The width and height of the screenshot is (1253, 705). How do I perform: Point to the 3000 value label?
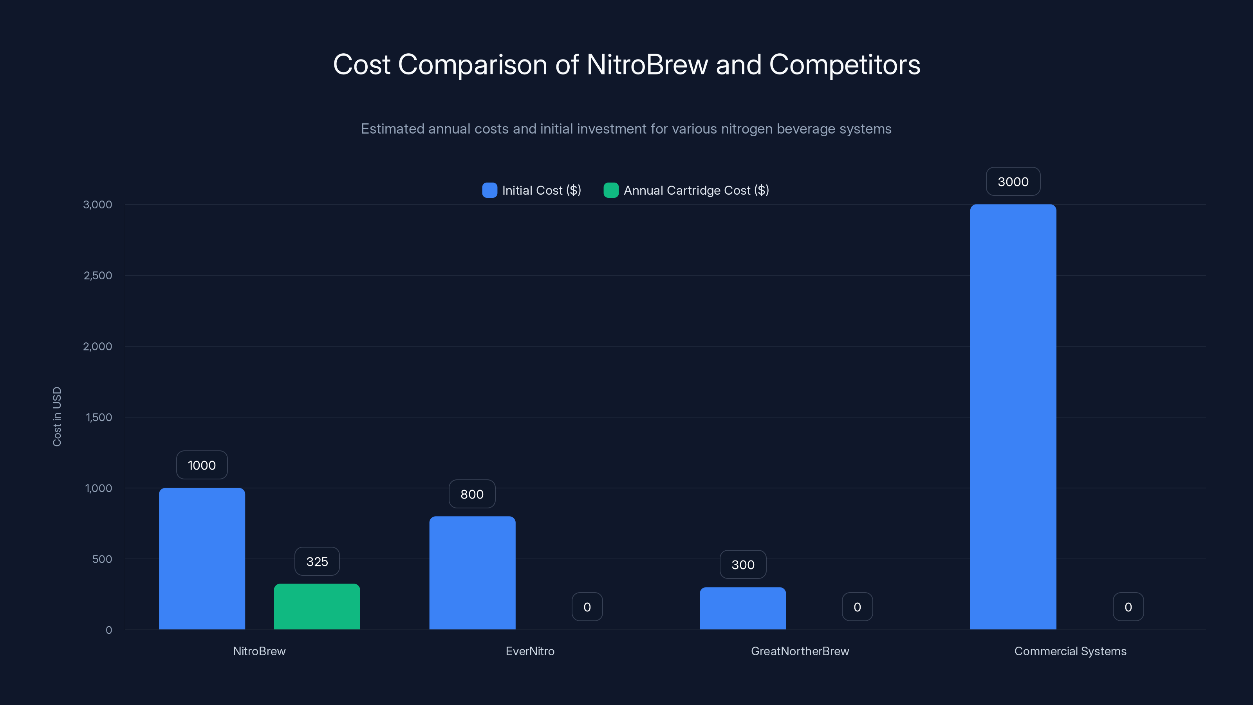(1013, 182)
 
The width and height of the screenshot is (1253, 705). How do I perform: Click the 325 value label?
(317, 562)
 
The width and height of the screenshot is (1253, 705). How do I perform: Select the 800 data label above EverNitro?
(472, 494)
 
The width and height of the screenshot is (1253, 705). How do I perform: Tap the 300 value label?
(743, 565)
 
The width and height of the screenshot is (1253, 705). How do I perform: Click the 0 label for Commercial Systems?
(1128, 607)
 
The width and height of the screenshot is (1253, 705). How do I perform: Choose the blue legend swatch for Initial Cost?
(489, 190)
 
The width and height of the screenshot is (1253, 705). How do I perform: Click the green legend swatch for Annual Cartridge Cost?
(610, 190)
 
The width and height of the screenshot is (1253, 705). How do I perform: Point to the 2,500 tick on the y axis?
(98, 275)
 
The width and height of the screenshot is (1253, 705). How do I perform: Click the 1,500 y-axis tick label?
(99, 418)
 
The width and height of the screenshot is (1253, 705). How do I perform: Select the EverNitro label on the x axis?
(530, 651)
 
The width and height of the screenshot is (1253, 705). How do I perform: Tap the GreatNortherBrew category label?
(800, 651)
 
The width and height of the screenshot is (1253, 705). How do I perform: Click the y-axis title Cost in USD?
(57, 416)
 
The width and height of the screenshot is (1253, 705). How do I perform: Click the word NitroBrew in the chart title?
(647, 65)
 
